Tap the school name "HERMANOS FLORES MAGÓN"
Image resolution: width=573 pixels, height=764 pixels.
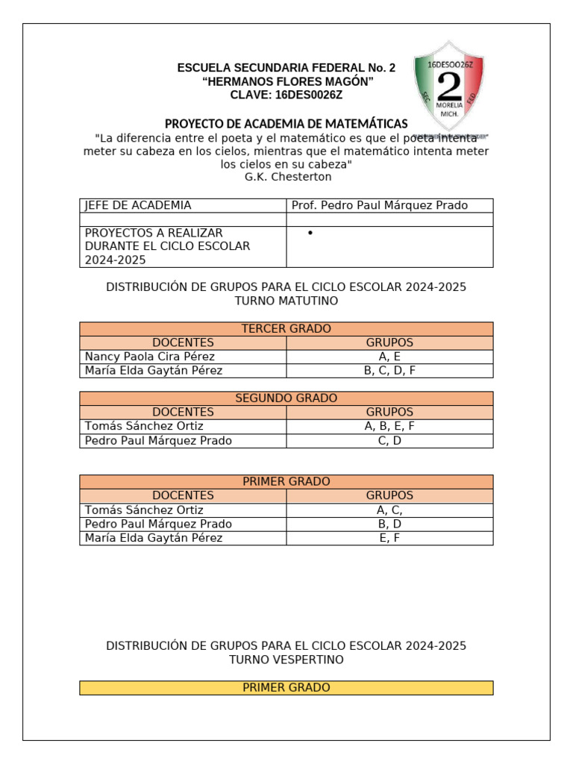286,81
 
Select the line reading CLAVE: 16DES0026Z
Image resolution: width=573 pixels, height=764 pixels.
286,95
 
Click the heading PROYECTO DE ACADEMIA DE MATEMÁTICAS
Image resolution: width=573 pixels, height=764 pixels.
286,123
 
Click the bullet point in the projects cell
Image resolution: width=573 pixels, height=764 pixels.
309,234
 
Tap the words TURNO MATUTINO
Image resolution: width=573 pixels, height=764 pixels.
286,301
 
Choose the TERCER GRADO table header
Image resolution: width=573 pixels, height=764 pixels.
286,329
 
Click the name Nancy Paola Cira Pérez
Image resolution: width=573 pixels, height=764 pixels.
150,357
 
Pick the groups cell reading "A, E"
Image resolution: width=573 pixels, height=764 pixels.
389,357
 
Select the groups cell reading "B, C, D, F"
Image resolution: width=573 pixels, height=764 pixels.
389,371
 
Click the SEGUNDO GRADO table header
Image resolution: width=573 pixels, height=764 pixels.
286,398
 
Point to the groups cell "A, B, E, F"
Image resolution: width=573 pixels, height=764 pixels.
389,426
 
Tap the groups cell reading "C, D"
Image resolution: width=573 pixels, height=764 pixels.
389,440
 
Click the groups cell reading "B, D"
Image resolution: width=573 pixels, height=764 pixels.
389,524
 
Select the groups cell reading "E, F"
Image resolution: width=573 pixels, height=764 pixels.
389,538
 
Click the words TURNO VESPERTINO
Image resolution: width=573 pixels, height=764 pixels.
286,660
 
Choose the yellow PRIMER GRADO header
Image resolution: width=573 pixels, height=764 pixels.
286,687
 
